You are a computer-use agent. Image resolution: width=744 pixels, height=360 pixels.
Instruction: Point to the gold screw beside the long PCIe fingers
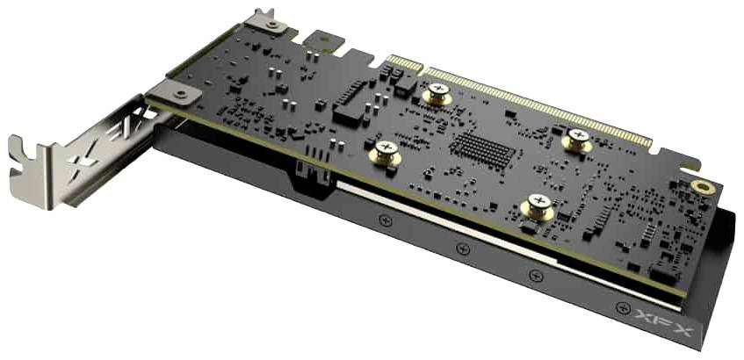577,139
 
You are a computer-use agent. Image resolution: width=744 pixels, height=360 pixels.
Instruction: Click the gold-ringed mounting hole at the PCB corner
701,187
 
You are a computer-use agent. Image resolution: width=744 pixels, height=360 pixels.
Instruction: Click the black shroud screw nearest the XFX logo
623,307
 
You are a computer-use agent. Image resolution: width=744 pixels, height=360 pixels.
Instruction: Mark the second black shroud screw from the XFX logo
537,277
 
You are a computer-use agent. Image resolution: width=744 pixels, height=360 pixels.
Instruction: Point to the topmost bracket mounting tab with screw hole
265,22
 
